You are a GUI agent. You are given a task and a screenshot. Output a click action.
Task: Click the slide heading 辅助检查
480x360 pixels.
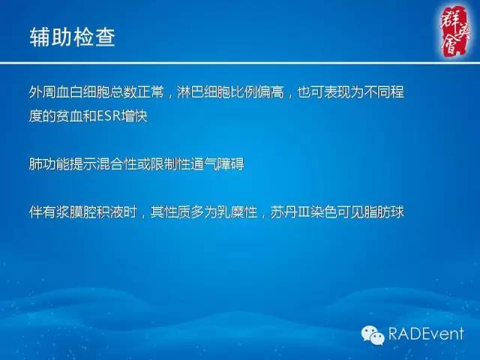72,37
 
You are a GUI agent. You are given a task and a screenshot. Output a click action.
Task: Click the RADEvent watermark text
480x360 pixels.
426,334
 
